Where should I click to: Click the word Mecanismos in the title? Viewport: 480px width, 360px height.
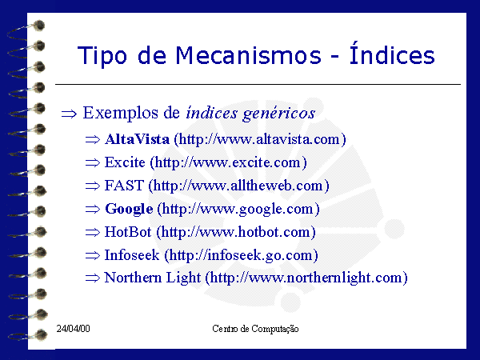click(x=248, y=55)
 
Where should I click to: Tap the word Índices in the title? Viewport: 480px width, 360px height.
click(x=392, y=53)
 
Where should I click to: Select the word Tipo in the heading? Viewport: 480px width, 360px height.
click(x=102, y=56)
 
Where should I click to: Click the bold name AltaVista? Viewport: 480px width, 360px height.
click(x=137, y=139)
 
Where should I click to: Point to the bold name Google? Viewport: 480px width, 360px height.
click(x=129, y=209)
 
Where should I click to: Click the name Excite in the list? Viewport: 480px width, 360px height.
click(x=125, y=162)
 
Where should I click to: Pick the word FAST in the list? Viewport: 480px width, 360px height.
click(x=124, y=186)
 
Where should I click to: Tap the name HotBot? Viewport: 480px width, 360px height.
click(x=128, y=232)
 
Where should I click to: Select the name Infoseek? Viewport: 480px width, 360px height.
click(x=132, y=255)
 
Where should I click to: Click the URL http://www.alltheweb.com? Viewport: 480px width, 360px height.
click(x=238, y=186)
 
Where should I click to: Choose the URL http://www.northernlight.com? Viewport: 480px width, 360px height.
click(x=306, y=278)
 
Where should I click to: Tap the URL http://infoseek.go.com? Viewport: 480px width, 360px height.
click(x=241, y=255)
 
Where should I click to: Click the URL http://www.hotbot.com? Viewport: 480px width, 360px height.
click(x=236, y=232)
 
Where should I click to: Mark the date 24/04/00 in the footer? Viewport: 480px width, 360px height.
click(x=73, y=329)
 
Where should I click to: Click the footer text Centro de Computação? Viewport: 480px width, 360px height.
click(x=255, y=329)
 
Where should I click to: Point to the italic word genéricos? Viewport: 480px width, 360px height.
click(x=279, y=114)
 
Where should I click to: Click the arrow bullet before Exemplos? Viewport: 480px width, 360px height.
click(x=69, y=114)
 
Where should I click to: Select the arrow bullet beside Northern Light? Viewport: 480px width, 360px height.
click(x=93, y=278)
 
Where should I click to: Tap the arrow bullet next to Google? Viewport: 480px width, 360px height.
click(x=93, y=209)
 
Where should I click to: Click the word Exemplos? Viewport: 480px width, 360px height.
click(x=121, y=113)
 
